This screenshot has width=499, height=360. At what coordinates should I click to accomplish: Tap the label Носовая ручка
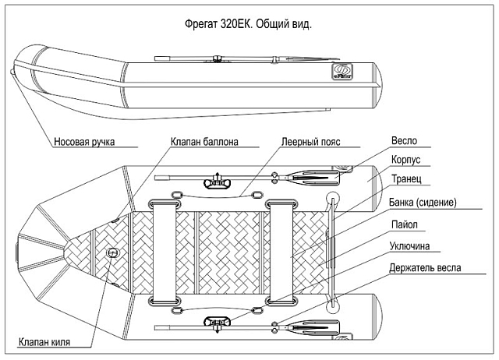[85, 143]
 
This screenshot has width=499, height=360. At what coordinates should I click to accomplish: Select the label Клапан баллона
[204, 142]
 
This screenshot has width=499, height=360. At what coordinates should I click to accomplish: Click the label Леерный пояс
[311, 143]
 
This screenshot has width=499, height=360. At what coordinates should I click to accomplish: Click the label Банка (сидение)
[422, 203]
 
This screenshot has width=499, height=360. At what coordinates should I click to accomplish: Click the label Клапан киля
[46, 341]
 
